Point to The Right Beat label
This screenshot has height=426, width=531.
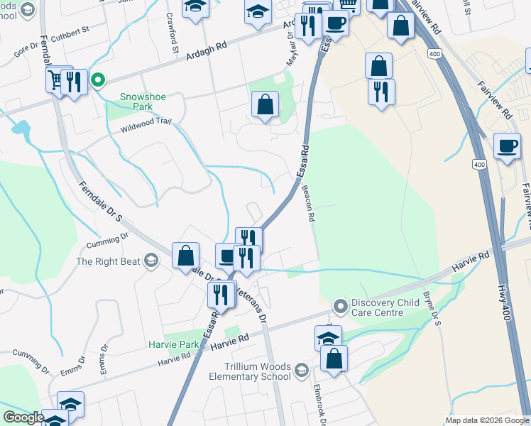click(x=107, y=261)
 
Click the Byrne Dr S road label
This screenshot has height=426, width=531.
click(x=432, y=312)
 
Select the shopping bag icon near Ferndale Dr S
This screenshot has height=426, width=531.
click(x=185, y=255)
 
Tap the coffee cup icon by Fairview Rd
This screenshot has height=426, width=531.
click(x=507, y=146)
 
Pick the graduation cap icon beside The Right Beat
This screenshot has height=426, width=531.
click(x=150, y=261)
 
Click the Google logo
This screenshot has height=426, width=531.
click(x=23, y=417)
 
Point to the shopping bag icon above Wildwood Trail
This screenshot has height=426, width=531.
click(x=265, y=105)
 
